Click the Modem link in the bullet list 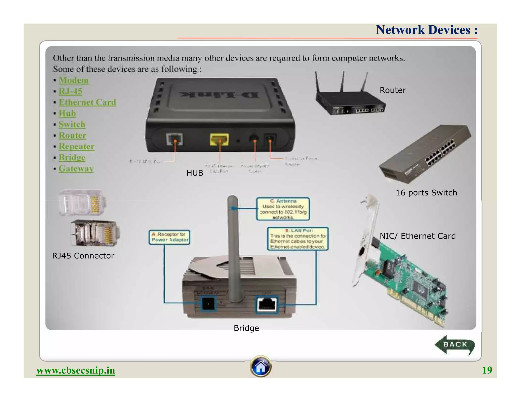[x=74, y=80]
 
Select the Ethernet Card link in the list [x=87, y=102]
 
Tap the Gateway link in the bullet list [x=76, y=168]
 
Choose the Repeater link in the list [x=77, y=147]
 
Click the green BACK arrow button [x=454, y=345]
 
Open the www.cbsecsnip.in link [x=76, y=370]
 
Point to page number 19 [x=487, y=370]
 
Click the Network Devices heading [x=426, y=30]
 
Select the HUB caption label [x=195, y=173]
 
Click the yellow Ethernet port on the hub [x=219, y=140]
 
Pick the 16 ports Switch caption [x=426, y=193]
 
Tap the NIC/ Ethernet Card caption [x=417, y=236]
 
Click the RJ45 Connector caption [x=83, y=256]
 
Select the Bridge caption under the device [x=246, y=328]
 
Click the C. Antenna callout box [x=283, y=209]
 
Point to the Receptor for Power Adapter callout [x=169, y=237]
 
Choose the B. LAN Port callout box [x=297, y=239]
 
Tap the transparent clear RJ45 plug [x=82, y=203]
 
